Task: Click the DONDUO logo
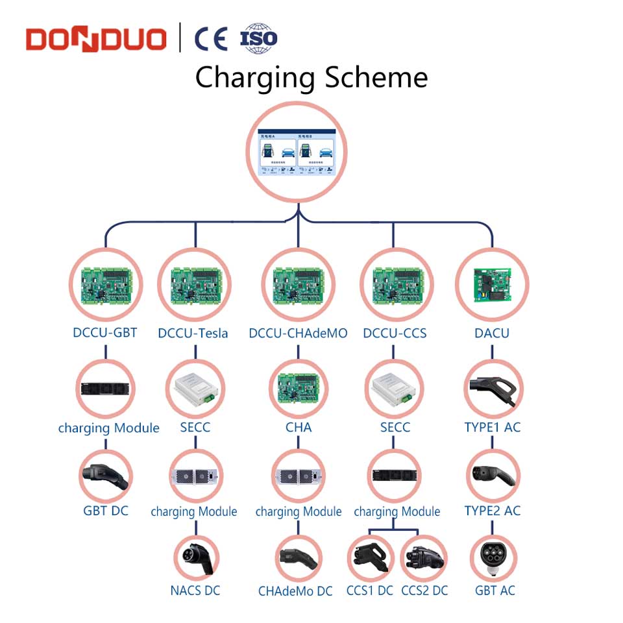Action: pos(96,38)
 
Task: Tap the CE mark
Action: pos(212,38)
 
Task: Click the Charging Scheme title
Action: pos(311,77)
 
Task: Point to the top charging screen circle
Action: pos(298,153)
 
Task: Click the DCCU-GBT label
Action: pos(105,333)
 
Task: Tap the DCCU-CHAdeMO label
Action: pos(298,334)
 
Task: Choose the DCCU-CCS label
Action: pos(395,334)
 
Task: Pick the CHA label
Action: pos(299,428)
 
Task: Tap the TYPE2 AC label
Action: pos(493,511)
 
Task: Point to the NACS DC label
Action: pos(195,591)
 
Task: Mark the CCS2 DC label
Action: pos(424,591)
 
